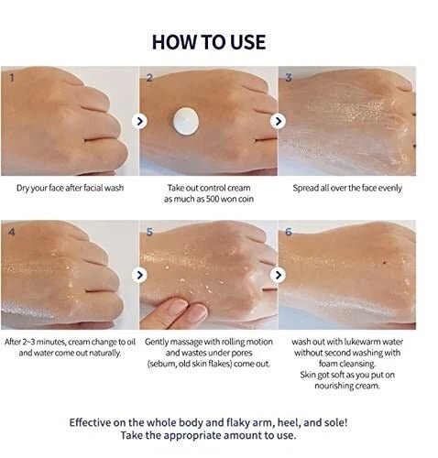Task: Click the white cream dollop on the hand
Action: pyautogui.click(x=186, y=121)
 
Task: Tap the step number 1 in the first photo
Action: pyautogui.click(x=12, y=78)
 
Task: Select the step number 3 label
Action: pyautogui.click(x=289, y=78)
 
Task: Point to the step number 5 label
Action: pyautogui.click(x=149, y=232)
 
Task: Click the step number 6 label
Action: pyautogui.click(x=289, y=232)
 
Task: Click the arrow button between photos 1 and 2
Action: pyautogui.click(x=139, y=121)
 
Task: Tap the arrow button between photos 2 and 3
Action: pyautogui.click(x=278, y=121)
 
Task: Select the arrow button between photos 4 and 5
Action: pyautogui.click(x=139, y=275)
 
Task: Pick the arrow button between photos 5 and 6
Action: pyautogui.click(x=278, y=275)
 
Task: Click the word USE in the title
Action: pyautogui.click(x=247, y=42)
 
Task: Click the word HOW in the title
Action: pyautogui.click(x=169, y=42)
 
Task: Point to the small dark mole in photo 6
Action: pyautogui.click(x=384, y=262)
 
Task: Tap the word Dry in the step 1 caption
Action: pyautogui.click(x=23, y=188)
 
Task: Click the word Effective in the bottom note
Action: pyautogui.click(x=90, y=422)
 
